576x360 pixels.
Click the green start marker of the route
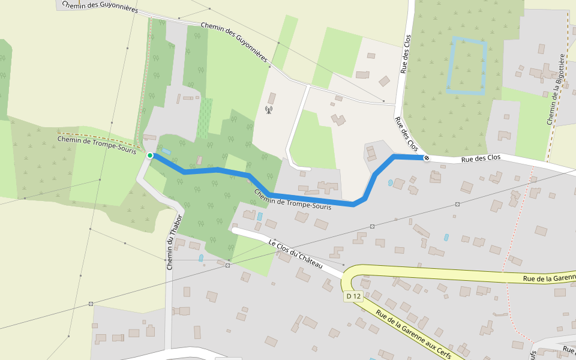point(150,155)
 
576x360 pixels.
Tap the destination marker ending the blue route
point(426,158)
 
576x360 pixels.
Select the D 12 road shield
point(353,296)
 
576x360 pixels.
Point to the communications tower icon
point(269,110)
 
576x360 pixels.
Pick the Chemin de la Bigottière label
point(555,89)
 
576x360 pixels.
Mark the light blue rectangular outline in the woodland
point(467,66)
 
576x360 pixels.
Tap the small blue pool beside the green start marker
point(166,151)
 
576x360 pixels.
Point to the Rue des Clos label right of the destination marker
point(481,158)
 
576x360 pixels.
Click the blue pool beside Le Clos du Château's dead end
point(259,216)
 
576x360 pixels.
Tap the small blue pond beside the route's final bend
point(391,182)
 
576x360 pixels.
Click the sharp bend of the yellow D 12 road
point(347,277)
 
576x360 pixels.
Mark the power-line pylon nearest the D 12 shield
point(373,226)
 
